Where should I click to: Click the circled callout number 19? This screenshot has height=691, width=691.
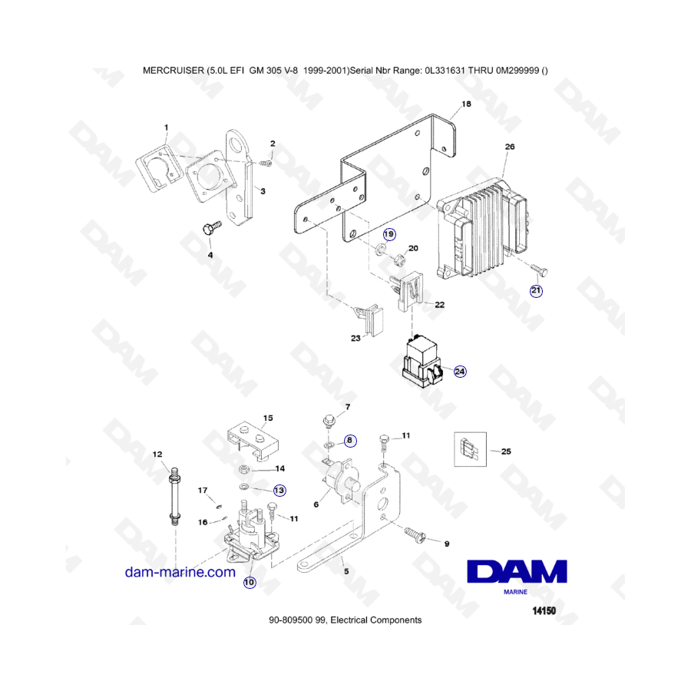[x=389, y=234]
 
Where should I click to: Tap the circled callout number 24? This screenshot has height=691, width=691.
[x=460, y=372]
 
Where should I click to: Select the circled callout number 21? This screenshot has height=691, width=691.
[x=536, y=290]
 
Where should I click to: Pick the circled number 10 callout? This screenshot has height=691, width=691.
[x=250, y=582]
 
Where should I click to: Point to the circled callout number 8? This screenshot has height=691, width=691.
[x=350, y=440]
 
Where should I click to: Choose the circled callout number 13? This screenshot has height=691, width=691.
[x=279, y=490]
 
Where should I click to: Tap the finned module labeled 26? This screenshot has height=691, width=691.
[x=483, y=227]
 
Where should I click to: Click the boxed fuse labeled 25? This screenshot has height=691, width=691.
[x=470, y=449]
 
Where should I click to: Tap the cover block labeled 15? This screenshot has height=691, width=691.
[x=254, y=441]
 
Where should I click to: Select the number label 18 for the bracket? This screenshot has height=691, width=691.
[x=466, y=104]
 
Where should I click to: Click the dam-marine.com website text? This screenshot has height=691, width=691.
[x=180, y=572]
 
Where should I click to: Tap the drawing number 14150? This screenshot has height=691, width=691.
[x=544, y=611]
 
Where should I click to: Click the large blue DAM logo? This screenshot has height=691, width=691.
[x=517, y=572]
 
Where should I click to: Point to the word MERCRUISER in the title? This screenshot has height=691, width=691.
[x=174, y=71]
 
